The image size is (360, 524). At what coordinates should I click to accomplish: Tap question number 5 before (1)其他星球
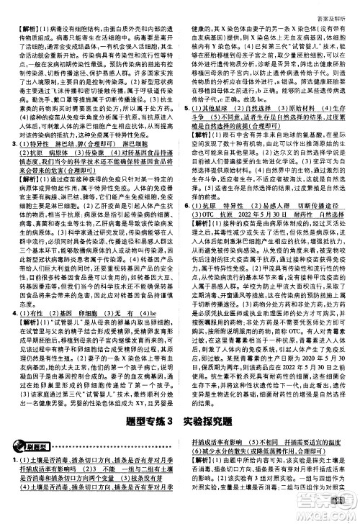pyautogui.click(x=185, y=108)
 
